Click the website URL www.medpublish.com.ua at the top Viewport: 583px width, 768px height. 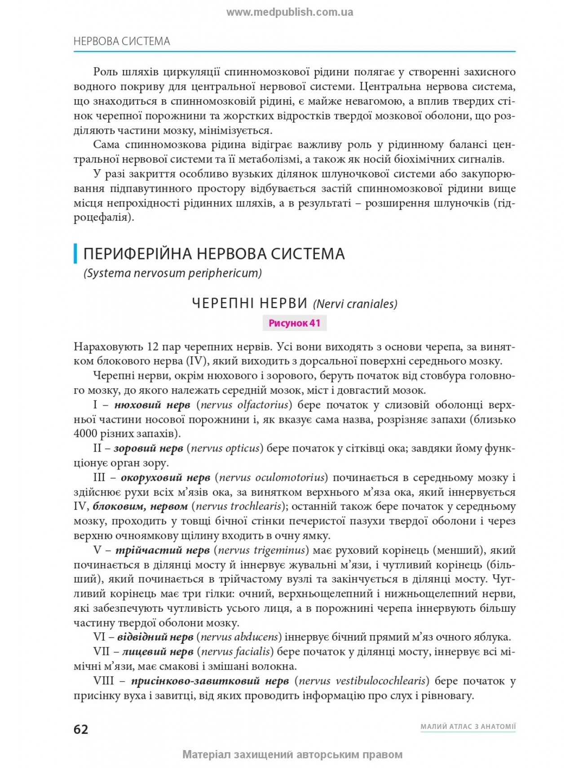coord(290,12)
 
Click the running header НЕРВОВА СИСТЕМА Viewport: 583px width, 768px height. coord(122,41)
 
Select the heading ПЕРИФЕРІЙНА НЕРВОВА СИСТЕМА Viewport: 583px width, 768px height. coord(214,254)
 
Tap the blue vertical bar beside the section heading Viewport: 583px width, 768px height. coord(75,254)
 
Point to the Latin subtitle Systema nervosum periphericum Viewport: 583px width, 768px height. coord(173,273)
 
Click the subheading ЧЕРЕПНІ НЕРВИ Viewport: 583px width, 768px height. coord(249,303)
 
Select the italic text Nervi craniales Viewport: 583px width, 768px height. coord(355,304)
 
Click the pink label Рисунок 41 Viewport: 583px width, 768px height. coord(294,323)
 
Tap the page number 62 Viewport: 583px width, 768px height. coord(81,729)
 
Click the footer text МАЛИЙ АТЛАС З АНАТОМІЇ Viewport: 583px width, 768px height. coord(468,726)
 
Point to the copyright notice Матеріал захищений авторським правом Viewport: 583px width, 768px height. coord(292,755)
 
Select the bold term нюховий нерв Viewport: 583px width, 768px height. coord(152,405)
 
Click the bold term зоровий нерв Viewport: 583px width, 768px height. coord(148,448)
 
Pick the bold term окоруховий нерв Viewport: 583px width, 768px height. coord(165,477)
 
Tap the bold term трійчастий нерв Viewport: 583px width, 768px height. coord(163,550)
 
